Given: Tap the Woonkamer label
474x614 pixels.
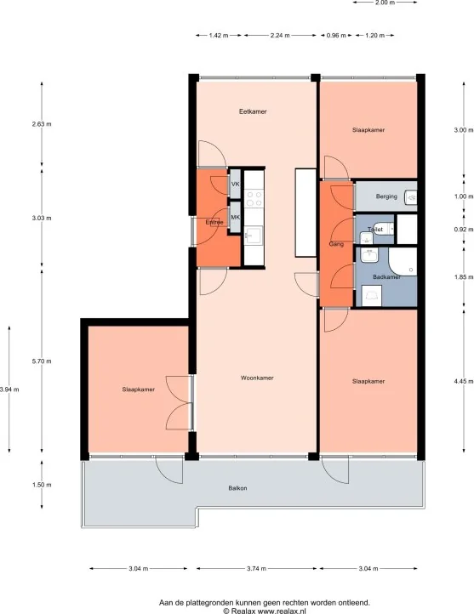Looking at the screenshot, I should [256, 378].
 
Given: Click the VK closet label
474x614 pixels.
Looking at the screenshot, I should [236, 184].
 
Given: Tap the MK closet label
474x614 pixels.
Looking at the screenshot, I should [236, 217].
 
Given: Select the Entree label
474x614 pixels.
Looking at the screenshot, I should [214, 223].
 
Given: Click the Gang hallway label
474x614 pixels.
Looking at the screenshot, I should [335, 244].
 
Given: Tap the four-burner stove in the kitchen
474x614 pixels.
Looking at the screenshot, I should [254, 198].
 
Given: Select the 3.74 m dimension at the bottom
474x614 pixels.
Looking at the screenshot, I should [255, 569].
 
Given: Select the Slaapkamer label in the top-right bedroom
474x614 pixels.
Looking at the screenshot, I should [368, 130].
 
